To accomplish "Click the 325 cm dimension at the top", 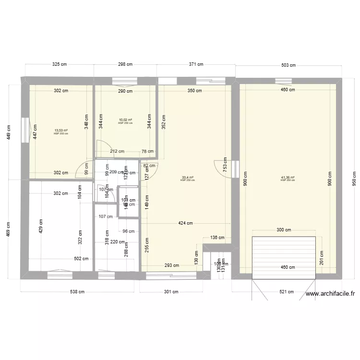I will point(60,64).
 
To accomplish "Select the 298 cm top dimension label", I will point(125,64).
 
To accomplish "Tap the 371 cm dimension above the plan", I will point(196,64).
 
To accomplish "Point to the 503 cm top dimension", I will point(288,65).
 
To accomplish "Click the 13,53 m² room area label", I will point(61,130).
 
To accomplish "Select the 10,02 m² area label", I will point(125,120).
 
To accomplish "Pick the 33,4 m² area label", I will point(187,178).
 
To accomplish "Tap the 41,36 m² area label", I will point(288,178).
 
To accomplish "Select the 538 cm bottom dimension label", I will point(77,291).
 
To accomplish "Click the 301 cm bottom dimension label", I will point(171,291).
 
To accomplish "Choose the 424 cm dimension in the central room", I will point(186,223).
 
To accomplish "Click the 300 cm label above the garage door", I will point(284,230).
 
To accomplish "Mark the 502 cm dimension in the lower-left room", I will point(81,259).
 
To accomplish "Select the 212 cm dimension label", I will point(117,152).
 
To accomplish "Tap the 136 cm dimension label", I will point(217,238).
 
